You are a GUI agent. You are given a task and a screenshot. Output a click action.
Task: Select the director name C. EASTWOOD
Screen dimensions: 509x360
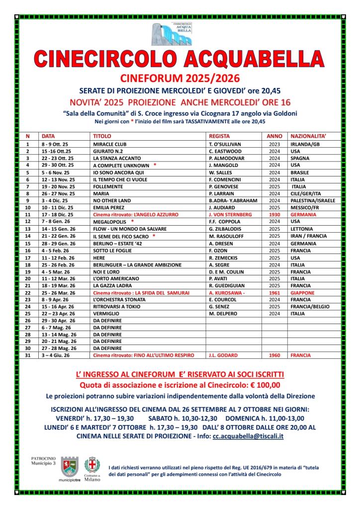point(225,151)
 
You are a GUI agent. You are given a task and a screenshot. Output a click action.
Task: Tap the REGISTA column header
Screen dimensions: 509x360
point(219,135)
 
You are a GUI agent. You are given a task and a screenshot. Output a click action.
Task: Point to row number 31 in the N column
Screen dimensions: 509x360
point(28,356)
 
